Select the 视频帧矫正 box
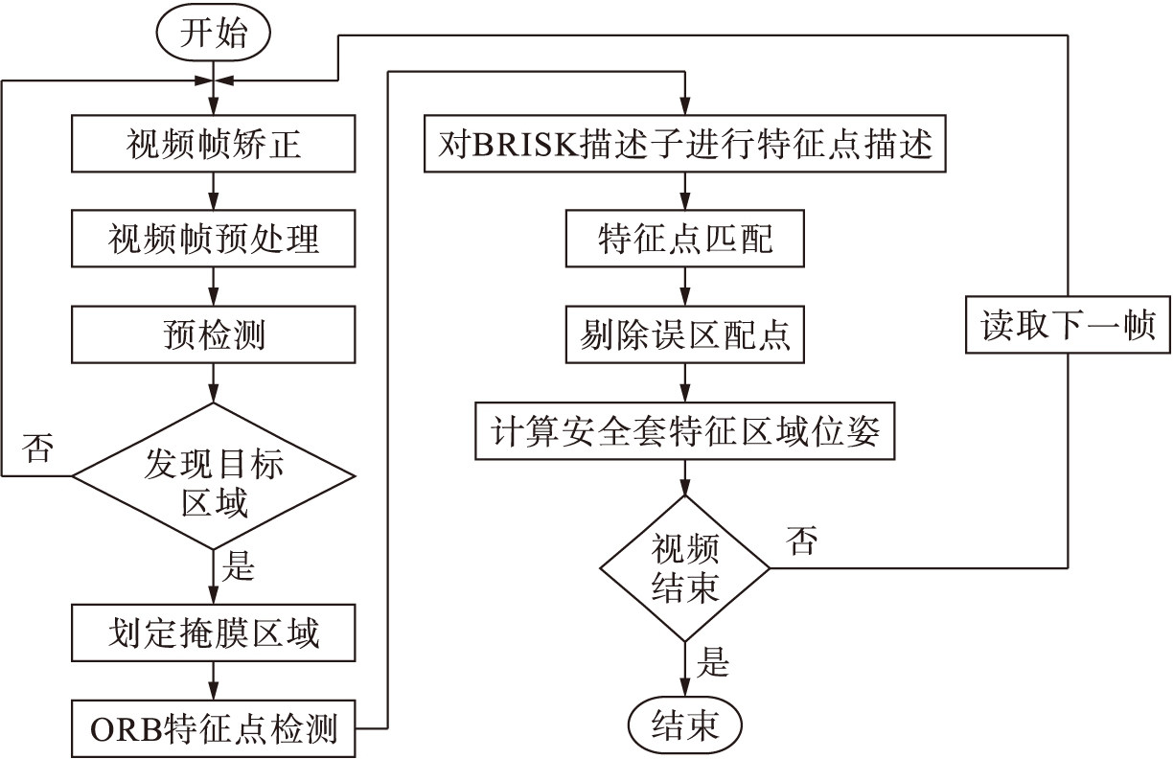coord(214,145)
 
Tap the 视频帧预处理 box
coord(214,240)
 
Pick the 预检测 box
coord(214,335)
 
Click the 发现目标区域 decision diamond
coord(214,475)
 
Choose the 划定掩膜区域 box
coord(214,633)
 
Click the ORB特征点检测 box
coord(214,729)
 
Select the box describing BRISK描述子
coord(684,146)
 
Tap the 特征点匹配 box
coord(684,240)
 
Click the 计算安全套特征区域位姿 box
coord(684,431)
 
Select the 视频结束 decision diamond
coord(684,568)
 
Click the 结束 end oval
coord(684,724)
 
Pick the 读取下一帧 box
coord(1068,327)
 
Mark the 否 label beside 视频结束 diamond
coord(802,542)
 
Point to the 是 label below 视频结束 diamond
coord(712,661)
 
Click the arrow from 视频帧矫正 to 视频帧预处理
coord(214,192)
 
